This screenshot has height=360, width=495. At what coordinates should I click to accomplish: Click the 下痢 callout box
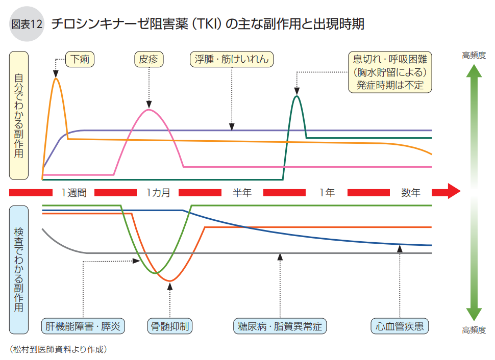click(x=80, y=60)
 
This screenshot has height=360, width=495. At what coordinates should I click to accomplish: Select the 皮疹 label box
click(x=149, y=60)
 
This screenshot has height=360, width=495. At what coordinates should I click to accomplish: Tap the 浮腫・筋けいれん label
click(x=232, y=60)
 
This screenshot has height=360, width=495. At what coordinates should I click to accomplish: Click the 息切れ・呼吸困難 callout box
click(x=390, y=72)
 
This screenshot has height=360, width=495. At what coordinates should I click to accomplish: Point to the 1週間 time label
click(x=73, y=193)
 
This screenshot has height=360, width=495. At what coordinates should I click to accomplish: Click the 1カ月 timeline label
click(x=158, y=193)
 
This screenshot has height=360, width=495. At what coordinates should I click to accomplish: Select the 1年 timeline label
click(x=327, y=193)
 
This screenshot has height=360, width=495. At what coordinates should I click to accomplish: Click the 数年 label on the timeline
click(x=411, y=193)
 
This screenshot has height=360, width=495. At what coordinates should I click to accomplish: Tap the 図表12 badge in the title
click(x=27, y=24)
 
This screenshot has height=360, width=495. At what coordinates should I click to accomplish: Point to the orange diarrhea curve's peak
click(x=56, y=79)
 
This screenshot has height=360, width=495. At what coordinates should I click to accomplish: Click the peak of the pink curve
click(x=148, y=110)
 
